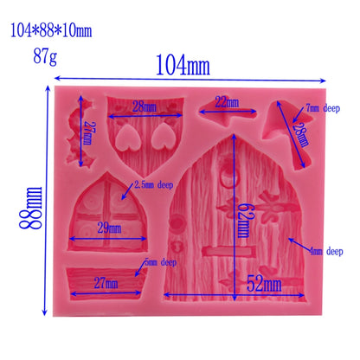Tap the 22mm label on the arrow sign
[226, 103]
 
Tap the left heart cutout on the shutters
[126, 136]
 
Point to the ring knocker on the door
[225, 180]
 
